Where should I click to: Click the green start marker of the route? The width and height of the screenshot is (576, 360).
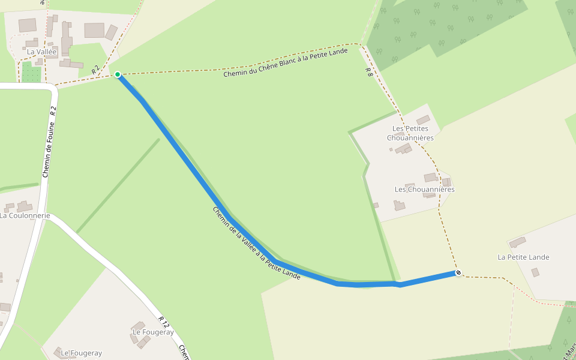(118, 74)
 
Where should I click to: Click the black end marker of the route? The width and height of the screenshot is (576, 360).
(458, 273)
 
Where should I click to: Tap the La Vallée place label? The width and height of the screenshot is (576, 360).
(42, 52)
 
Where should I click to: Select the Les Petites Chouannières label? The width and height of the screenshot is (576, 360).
(410, 133)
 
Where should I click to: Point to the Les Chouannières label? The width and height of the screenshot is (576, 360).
(424, 190)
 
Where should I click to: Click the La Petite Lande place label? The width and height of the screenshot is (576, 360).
(523, 257)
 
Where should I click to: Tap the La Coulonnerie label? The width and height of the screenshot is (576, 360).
(25, 215)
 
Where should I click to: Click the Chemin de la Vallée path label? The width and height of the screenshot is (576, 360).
(256, 244)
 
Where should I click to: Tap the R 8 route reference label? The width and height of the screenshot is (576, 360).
(368, 73)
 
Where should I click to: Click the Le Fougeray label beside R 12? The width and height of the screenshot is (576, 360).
(153, 332)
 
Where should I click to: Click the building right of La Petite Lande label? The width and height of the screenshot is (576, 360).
(535, 272)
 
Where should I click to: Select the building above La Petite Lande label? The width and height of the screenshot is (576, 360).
(517, 242)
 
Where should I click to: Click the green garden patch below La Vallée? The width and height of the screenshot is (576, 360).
(31, 74)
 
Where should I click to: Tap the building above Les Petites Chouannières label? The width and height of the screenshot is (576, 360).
(423, 120)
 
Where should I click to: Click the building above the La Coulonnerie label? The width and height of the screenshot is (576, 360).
(24, 206)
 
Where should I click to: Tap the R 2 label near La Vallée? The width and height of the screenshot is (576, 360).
(95, 71)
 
